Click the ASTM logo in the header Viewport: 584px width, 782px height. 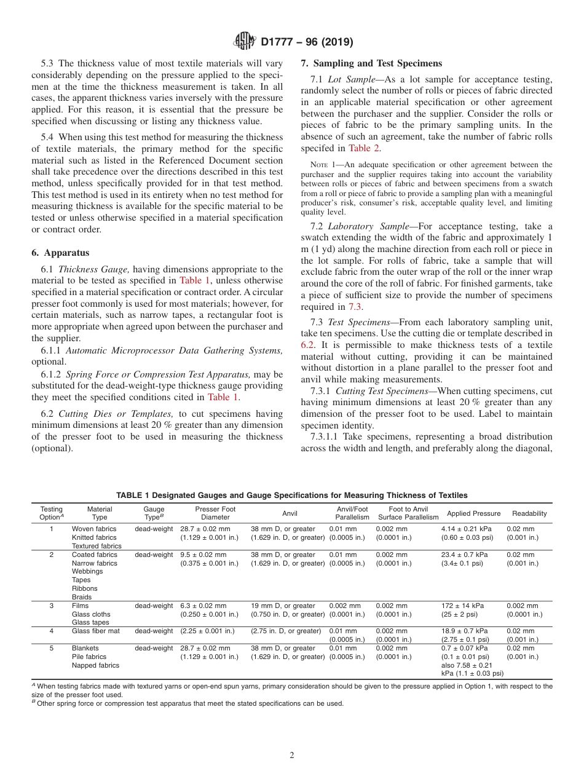tap(245, 42)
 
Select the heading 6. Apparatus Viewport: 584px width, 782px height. tap(60, 253)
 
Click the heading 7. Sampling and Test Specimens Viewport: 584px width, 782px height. tap(371, 63)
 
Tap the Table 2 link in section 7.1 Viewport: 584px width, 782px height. tap(365, 148)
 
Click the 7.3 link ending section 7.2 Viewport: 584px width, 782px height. tap(355, 307)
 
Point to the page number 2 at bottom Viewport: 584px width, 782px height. tap(292, 755)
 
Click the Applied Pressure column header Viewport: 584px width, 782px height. tap(473, 513)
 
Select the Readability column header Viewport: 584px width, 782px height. tap(529, 513)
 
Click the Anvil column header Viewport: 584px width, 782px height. tap(290, 513)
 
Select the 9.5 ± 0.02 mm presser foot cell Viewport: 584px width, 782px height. tap(205, 555)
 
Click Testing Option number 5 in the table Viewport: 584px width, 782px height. tap(52, 648)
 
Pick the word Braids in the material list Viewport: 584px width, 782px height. tap(81, 597)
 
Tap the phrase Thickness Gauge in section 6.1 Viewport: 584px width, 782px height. tap(93, 269)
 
